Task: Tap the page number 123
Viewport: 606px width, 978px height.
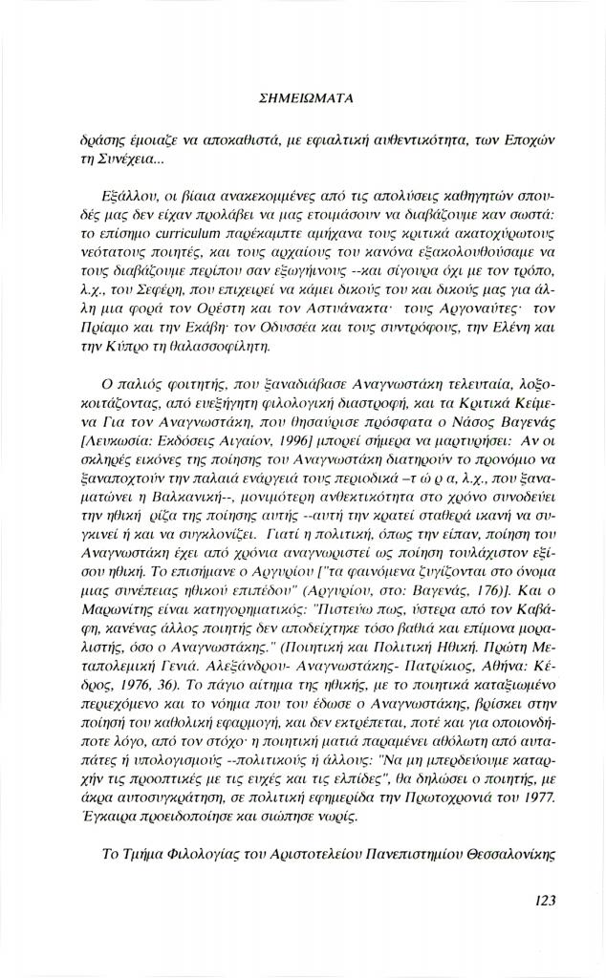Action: point(541,899)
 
